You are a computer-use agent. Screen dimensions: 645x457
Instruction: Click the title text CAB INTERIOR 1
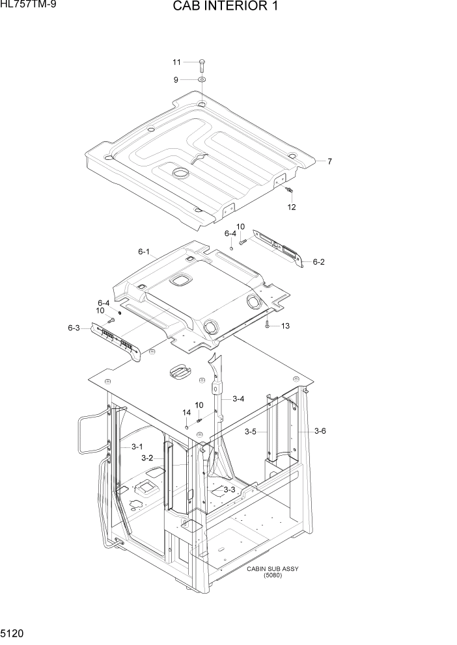(x=228, y=8)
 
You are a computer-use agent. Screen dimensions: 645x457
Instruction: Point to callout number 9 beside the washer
(x=175, y=80)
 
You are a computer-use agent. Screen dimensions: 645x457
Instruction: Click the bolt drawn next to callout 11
(x=201, y=64)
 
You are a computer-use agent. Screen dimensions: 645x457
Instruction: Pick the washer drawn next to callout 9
(x=201, y=80)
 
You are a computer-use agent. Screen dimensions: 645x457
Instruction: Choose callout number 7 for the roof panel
(x=329, y=161)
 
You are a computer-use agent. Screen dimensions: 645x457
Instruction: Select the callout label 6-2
(x=318, y=262)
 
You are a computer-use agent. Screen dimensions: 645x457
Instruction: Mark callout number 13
(x=285, y=326)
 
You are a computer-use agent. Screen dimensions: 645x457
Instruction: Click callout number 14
(x=186, y=412)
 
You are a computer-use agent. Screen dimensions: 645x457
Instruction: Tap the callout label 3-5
(x=251, y=431)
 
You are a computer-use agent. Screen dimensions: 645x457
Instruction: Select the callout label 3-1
(x=137, y=447)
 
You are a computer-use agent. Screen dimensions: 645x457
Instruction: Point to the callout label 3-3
(x=229, y=490)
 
